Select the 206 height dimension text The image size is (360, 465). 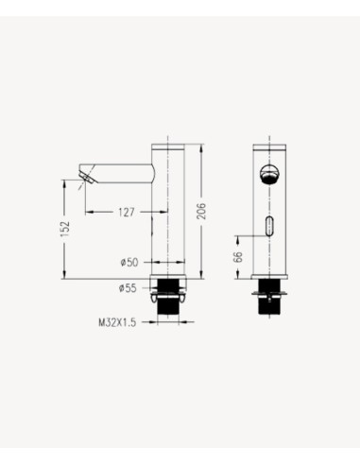200,212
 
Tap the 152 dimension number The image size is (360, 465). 65,229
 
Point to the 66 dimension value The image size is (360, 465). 238,254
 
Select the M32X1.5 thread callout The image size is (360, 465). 117,321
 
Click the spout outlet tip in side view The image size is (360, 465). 86,176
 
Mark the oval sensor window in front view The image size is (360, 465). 269,227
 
